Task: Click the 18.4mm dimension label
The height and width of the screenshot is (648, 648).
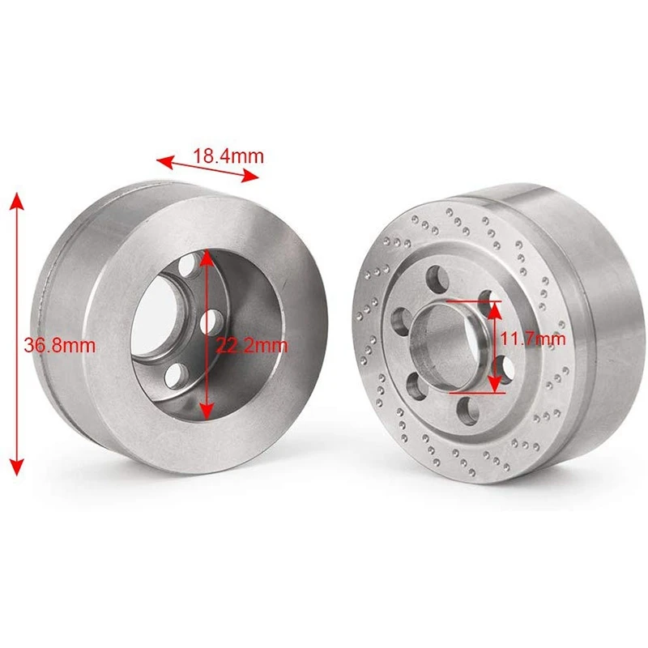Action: [x=228, y=156]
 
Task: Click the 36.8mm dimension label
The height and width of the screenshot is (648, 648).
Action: [x=59, y=346]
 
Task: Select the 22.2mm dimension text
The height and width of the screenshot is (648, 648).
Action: [x=251, y=346]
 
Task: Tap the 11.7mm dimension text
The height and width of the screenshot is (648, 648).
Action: [x=533, y=339]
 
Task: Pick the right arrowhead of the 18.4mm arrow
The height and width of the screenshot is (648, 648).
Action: [x=249, y=177]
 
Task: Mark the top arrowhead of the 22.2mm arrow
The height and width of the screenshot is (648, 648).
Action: [x=207, y=259]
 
